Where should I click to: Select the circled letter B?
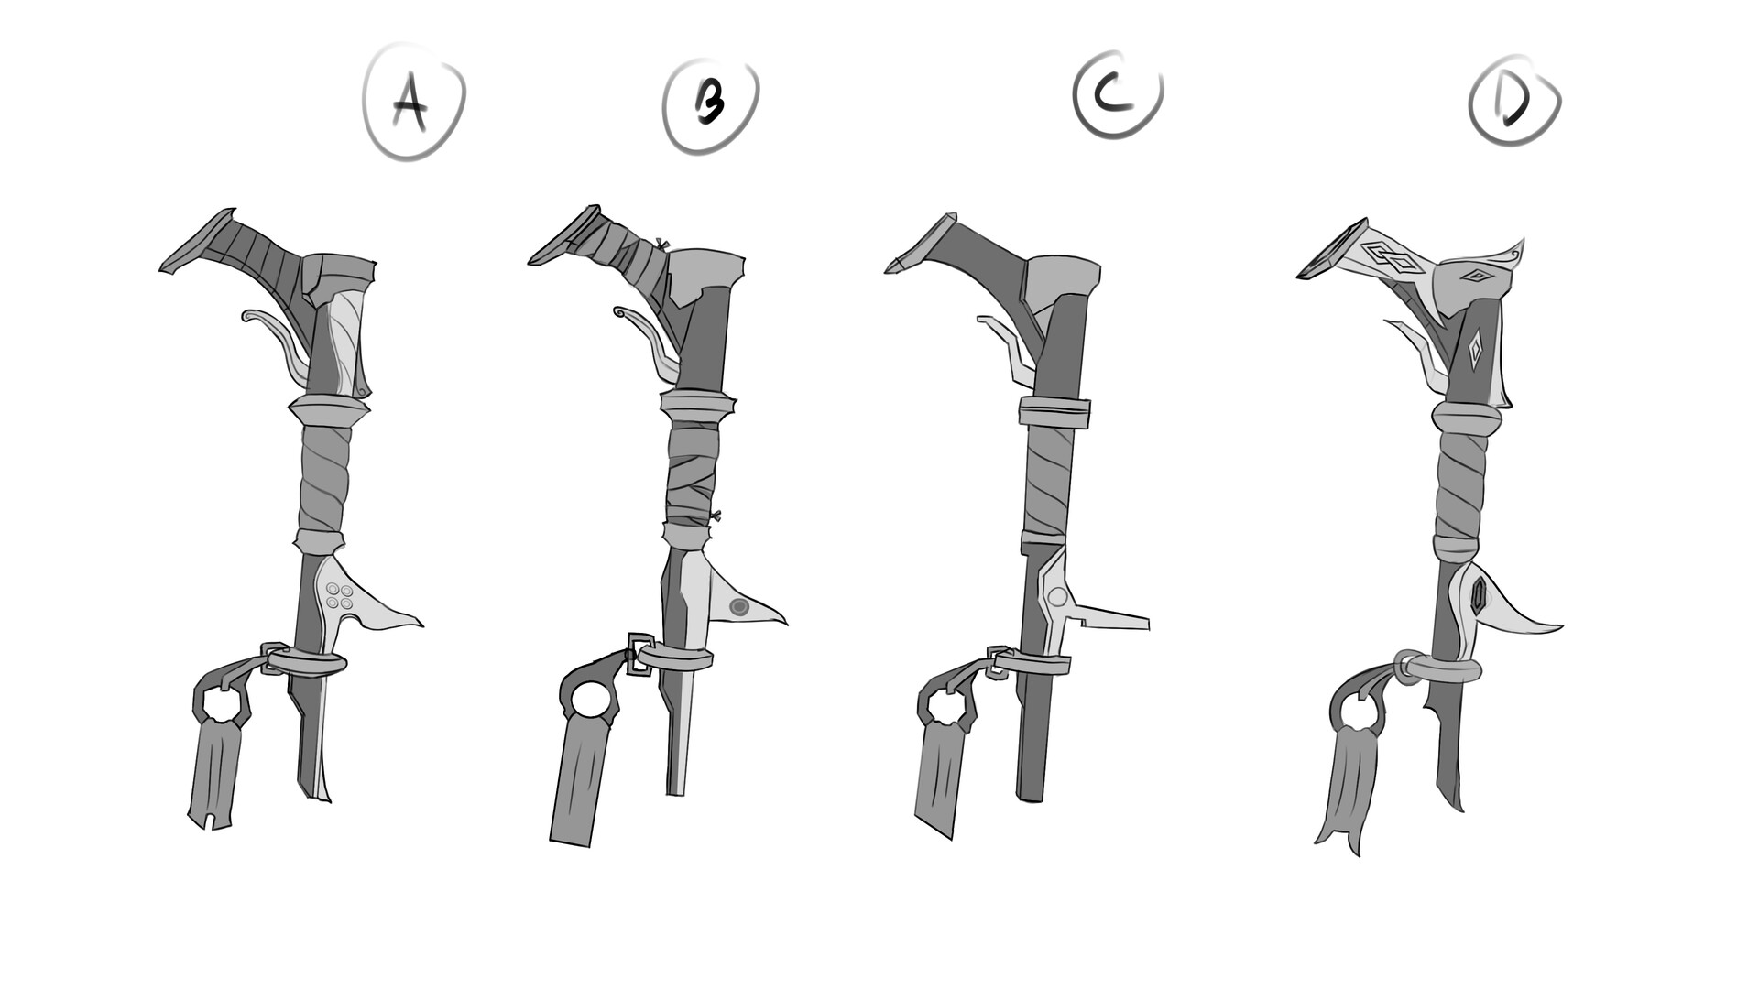coord(710,102)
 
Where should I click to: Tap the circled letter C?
coord(1116,93)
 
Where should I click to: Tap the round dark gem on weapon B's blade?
coord(740,606)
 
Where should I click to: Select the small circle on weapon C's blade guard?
coord(1057,597)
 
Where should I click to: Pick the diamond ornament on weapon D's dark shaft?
coord(1473,352)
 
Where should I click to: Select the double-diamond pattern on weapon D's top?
coord(1391,257)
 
